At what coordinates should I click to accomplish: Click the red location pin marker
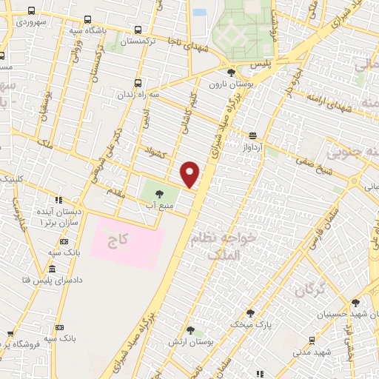coord(190,174)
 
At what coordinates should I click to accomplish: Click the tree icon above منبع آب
coord(159,193)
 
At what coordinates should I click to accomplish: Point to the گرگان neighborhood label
coord(311,290)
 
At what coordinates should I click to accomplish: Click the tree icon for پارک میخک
coord(249,313)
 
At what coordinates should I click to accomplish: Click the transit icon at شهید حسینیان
coord(356,303)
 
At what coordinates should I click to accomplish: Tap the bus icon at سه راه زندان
coord(138,83)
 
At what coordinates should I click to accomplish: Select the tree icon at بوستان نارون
coord(232,72)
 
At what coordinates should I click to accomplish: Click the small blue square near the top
coord(199,13)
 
